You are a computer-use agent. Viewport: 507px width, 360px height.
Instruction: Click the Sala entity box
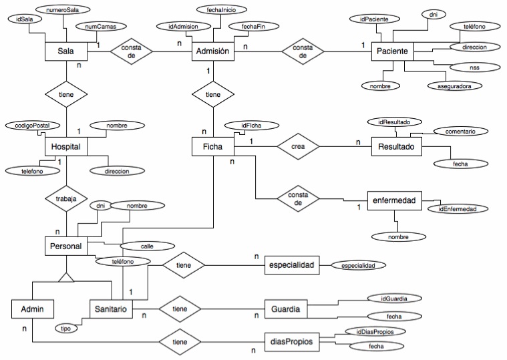65,51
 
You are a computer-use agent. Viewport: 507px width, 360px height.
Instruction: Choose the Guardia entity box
289,310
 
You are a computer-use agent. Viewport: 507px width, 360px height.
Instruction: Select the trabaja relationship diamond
65,199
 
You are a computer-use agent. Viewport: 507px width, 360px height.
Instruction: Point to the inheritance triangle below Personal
65,275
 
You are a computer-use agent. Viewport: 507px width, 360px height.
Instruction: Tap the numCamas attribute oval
96,27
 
